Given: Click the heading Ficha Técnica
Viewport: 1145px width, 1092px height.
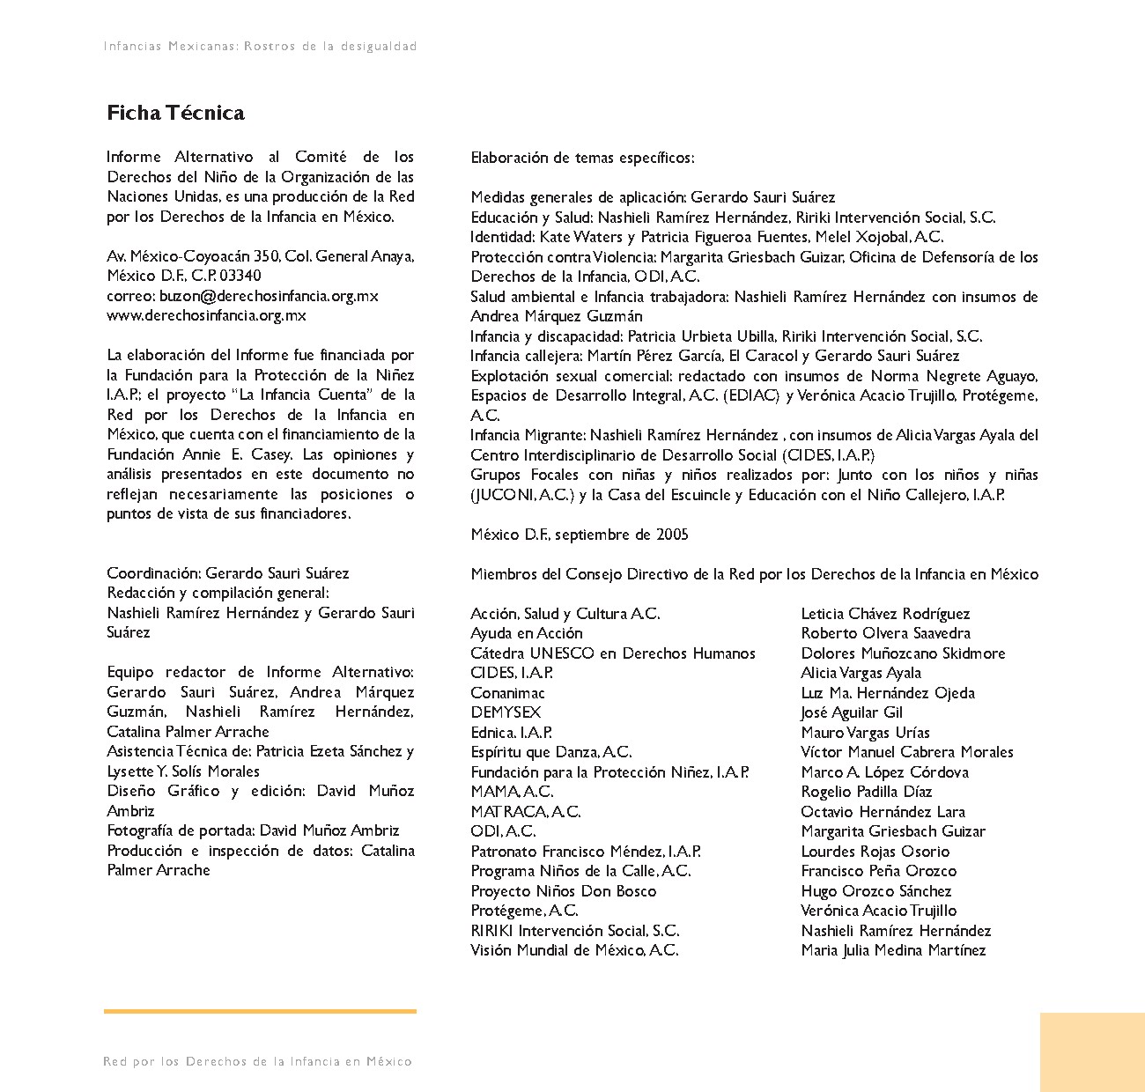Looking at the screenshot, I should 175,113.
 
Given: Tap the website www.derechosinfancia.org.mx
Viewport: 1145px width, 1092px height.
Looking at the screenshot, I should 206,315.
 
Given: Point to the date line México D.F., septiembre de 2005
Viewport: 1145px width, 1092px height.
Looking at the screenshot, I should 580,535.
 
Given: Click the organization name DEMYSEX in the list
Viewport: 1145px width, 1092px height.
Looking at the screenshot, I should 506,712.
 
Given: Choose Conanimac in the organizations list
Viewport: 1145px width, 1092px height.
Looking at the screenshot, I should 507,693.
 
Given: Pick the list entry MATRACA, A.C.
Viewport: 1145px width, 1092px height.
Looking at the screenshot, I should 526,812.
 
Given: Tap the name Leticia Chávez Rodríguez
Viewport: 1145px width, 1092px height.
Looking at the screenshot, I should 885,614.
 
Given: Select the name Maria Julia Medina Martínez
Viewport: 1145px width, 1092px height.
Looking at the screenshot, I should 893,950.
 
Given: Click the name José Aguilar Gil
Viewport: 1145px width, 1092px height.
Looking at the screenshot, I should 852,712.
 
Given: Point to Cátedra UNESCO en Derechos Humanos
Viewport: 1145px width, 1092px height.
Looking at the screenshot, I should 613,653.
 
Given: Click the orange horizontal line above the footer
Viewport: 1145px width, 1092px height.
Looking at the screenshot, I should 260,1011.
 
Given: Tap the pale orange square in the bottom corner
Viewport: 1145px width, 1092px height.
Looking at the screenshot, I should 1092,1052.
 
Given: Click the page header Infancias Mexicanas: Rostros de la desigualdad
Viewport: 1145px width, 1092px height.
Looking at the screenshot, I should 260,46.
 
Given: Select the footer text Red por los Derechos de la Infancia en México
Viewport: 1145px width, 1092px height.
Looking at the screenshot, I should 257,1062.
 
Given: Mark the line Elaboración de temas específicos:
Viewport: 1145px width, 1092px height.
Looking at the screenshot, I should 582,159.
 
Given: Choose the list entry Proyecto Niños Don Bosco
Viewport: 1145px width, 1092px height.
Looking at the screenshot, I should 564,891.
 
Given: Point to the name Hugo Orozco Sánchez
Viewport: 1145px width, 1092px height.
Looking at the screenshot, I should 876,891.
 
